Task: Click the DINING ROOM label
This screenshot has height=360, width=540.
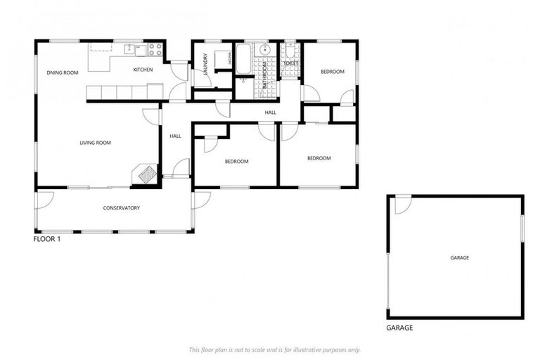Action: pyautogui.click(x=62, y=72)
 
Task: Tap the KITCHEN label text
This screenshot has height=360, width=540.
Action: pyautogui.click(x=143, y=70)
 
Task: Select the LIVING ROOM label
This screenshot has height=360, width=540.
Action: pyautogui.click(x=95, y=143)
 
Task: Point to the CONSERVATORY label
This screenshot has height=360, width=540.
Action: pyautogui.click(x=121, y=207)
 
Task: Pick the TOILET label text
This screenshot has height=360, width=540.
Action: pyautogui.click(x=290, y=63)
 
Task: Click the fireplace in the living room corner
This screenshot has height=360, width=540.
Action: pyautogui.click(x=147, y=173)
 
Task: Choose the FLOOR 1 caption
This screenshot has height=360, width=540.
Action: pyautogui.click(x=47, y=239)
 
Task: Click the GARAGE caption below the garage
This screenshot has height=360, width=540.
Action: pyautogui.click(x=399, y=328)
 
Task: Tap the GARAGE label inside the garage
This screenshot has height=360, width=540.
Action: pyautogui.click(x=459, y=257)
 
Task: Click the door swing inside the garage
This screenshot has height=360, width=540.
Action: pyautogui.click(x=401, y=205)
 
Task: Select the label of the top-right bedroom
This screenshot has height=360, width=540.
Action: pyautogui.click(x=332, y=72)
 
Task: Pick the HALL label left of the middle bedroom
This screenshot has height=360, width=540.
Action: pyautogui.click(x=175, y=136)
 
